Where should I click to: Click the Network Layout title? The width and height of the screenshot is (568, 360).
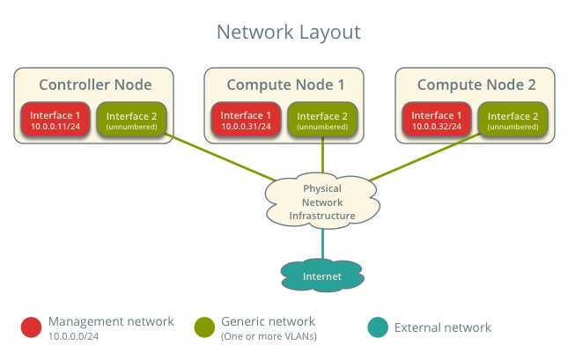(x=289, y=33)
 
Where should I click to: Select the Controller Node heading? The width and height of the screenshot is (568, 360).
(x=95, y=84)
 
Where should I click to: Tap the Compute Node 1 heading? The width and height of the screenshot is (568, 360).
(x=285, y=84)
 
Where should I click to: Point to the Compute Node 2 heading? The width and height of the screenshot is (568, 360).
(x=476, y=84)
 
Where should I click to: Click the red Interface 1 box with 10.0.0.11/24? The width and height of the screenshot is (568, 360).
(x=55, y=121)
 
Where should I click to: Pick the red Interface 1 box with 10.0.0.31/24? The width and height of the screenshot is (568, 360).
(x=247, y=121)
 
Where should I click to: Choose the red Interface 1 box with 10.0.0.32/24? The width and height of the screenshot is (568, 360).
(x=437, y=121)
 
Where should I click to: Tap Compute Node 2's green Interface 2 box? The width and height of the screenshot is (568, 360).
(x=513, y=121)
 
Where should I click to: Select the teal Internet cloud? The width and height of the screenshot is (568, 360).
(x=322, y=276)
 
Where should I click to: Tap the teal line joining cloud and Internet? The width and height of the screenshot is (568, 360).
(x=322, y=243)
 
